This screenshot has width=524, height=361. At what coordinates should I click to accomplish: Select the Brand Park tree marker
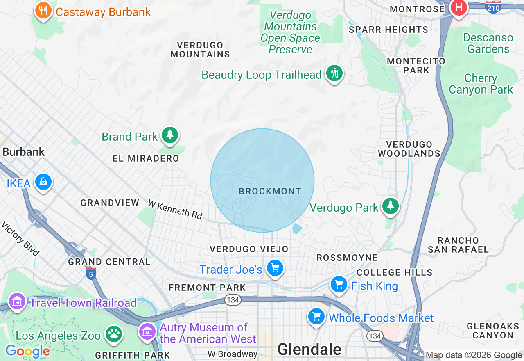pos(169,135)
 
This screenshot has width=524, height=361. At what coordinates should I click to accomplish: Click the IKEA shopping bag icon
pos(43,182)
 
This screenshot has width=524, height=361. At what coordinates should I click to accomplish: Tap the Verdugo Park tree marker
pos(391,206)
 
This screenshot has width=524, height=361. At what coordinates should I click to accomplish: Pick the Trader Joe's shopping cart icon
pos(275,269)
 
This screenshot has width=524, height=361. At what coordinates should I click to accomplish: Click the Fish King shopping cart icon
pos(339,285)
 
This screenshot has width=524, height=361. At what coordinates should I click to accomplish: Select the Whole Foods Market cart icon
pos(316,317)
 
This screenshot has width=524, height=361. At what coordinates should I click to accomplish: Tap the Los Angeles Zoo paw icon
pos(114,334)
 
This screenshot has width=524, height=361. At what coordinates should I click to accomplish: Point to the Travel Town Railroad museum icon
pos(17,302)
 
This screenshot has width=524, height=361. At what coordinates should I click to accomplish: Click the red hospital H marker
pos(459,8)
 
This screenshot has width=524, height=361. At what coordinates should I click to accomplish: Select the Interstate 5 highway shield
pos(91,273)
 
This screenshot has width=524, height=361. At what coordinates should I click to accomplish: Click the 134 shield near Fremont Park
pos(233,300)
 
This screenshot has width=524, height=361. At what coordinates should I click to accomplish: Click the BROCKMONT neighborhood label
pos(270,191)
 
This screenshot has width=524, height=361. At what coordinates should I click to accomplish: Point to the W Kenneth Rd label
pos(175,209)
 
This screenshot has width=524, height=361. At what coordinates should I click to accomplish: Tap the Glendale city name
pos(309,350)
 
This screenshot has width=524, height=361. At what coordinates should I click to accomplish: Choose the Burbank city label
pos(23,152)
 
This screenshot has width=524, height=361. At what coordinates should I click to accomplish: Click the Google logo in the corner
pos(27,351)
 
